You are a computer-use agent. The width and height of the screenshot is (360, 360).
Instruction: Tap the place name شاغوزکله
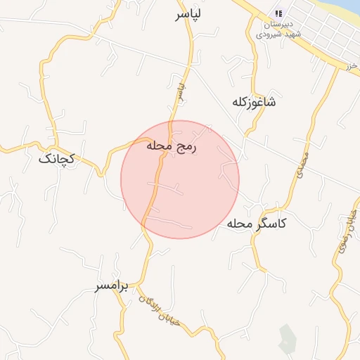click(x=254, y=102)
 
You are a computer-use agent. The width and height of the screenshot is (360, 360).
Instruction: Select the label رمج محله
click(x=173, y=146)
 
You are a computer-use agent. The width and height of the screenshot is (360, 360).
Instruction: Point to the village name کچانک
click(x=56, y=159)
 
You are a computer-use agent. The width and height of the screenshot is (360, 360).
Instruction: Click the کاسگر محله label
click(x=256, y=224)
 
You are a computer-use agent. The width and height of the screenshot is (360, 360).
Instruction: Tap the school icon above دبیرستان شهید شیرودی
click(x=279, y=13)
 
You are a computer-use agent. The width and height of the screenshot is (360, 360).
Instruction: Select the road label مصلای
click(x=298, y=163)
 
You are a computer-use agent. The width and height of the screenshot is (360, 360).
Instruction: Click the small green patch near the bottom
click(x=286, y=338)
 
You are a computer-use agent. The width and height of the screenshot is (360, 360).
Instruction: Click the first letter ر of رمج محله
click(x=197, y=146)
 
